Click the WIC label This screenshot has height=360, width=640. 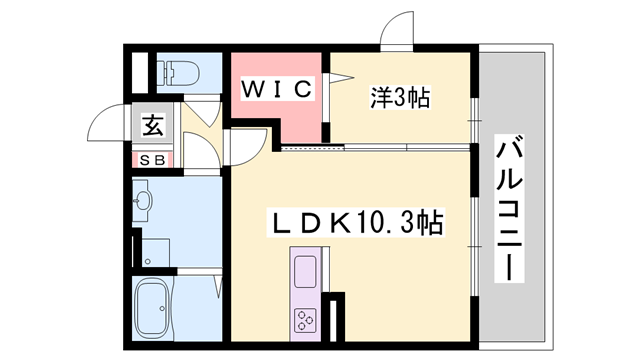(278, 89)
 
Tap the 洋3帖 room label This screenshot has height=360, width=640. (401, 98)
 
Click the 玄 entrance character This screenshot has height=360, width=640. (153, 127)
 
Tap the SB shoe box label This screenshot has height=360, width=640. (153, 160)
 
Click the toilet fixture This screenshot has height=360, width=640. (180, 73)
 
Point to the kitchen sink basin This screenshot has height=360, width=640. (304, 269)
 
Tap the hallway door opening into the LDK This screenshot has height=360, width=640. (245, 150)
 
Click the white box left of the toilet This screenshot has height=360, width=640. (139, 73)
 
